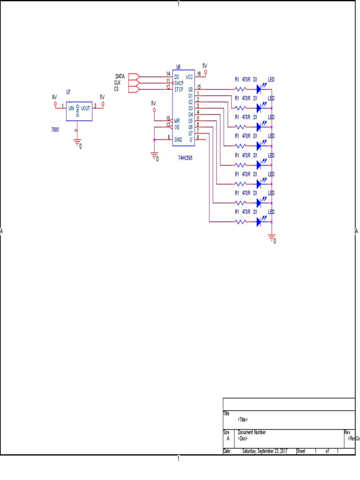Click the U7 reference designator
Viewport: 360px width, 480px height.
click(68, 92)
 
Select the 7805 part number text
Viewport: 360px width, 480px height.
click(55, 129)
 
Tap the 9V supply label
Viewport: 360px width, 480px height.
click(54, 97)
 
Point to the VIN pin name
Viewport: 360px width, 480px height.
click(71, 108)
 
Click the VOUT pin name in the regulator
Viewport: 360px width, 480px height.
click(86, 108)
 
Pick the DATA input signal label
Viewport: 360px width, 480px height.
click(120, 76)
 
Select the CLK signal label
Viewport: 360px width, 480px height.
click(117, 82)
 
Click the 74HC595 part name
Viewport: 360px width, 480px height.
click(185, 158)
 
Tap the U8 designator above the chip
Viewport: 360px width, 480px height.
click(178, 67)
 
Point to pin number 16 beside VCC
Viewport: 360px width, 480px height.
click(199, 74)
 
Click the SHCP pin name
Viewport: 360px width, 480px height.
click(179, 83)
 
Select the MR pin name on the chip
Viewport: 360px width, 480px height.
click(177, 120)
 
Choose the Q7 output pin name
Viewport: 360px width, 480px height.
click(191, 133)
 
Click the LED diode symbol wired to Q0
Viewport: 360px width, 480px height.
click(258, 89)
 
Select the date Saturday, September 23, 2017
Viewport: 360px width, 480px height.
click(265, 451)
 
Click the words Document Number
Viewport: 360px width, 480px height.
click(251, 432)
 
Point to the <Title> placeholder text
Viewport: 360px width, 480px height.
click(243, 420)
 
